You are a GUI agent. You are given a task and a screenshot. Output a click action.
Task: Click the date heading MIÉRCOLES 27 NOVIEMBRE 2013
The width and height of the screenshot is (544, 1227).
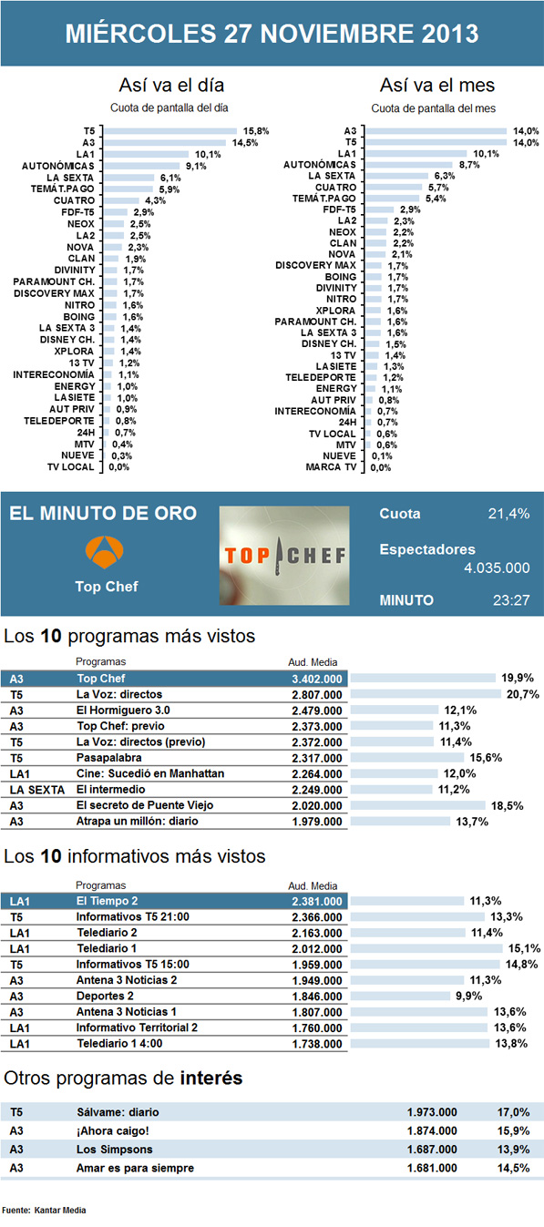coord(272,35)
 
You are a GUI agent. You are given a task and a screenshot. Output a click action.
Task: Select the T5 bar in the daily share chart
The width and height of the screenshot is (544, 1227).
coord(169,131)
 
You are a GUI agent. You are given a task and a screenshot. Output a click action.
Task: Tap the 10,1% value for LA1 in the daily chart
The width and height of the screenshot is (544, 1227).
coord(209,155)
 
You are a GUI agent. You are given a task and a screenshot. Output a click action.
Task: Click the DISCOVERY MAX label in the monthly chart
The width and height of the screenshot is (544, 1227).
coord(315,265)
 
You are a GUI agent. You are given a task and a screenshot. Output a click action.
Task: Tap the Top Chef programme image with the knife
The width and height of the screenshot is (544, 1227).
coord(284,555)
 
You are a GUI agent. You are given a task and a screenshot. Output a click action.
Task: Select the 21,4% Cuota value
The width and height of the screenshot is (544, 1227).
coord(508,514)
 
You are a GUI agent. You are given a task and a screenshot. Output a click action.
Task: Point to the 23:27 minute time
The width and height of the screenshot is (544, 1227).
coord(509,601)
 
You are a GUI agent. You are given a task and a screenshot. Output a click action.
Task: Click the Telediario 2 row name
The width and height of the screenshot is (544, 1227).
coord(108,934)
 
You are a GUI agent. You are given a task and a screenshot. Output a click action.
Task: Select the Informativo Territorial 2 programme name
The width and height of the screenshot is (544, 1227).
coord(138,1028)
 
